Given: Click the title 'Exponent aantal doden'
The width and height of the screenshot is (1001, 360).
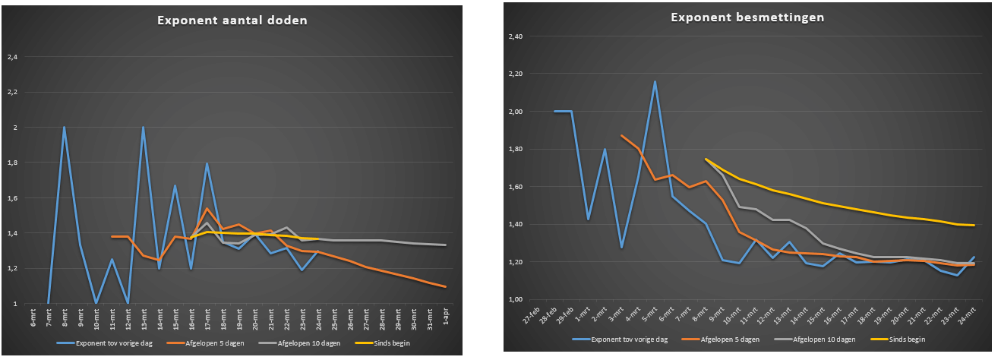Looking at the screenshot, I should pos(232,21).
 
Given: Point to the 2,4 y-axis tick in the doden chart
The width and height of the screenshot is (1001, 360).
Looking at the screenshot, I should pos(12,57).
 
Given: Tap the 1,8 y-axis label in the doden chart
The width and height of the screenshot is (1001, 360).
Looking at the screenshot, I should pos(12,163).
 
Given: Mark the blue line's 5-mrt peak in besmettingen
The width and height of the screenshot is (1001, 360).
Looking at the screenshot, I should pos(655,81).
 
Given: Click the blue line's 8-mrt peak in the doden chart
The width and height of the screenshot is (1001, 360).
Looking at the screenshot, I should pos(64,128).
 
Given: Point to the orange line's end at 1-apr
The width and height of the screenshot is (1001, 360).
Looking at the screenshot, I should pos(447,287).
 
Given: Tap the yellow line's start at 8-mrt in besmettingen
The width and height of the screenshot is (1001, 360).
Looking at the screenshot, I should pos(706,159).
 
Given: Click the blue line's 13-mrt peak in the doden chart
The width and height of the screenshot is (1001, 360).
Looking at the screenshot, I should pos(143,128).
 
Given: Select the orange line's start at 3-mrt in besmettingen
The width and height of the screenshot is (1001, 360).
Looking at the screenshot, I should pos(621,135).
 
